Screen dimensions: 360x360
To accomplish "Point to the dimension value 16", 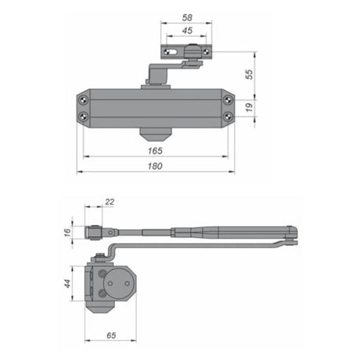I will coord(67,232).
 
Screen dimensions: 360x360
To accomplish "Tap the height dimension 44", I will coord(67,284).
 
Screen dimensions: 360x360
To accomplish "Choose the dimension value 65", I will coord(113,335).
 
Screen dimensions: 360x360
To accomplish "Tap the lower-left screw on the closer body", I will coord(83,117).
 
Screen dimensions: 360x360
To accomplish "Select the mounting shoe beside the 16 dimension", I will coord(95,232).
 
